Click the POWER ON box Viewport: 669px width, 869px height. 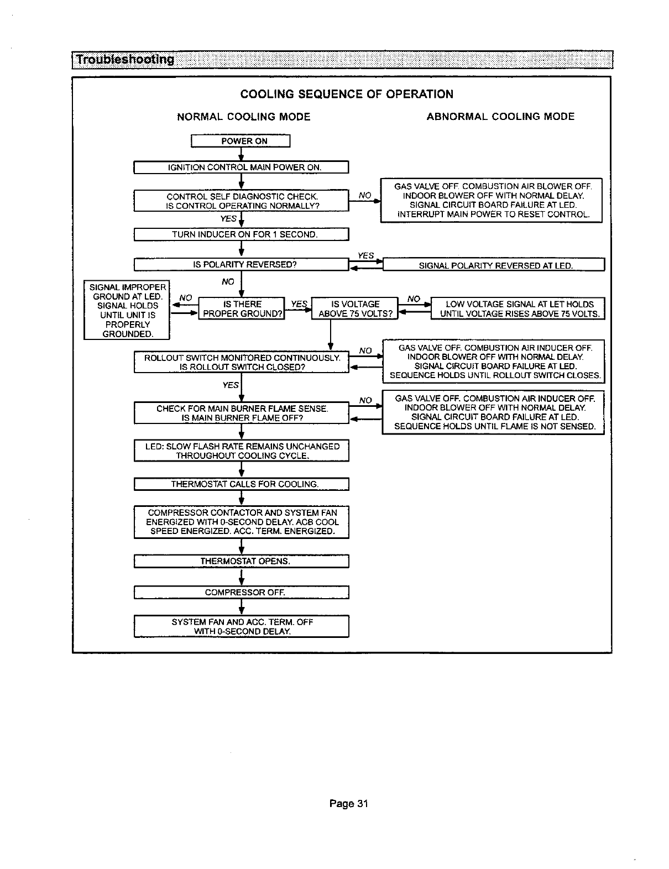coord(241,141)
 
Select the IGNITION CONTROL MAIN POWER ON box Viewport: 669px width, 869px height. coord(241,167)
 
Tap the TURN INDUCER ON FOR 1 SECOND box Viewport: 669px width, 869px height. coord(241,234)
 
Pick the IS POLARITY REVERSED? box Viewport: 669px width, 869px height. coord(241,264)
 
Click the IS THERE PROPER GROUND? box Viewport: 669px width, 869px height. coord(241,309)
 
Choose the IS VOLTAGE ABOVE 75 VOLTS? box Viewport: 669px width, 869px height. coord(355,309)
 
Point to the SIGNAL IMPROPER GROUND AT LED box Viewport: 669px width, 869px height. coord(127,310)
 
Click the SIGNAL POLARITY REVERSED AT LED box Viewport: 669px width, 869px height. coord(494,265)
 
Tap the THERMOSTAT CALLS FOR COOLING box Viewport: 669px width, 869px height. coord(241,484)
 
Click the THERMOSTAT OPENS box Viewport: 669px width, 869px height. coord(241,561)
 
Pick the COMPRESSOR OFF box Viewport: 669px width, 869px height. coord(241,592)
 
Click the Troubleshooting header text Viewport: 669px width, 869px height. coord(125,59)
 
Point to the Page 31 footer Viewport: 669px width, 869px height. coord(348,803)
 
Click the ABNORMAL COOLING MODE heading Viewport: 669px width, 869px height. coord(500,117)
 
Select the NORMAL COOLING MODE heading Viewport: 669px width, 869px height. coord(243,117)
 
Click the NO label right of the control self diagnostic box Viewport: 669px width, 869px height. coord(364,195)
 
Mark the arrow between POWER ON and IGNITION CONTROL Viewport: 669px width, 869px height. coord(241,154)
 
